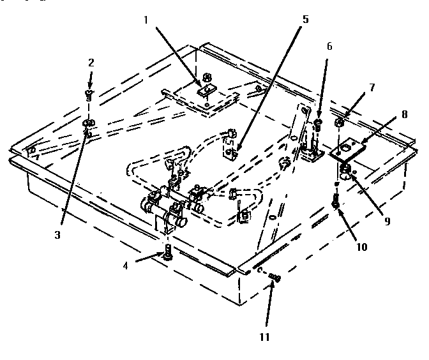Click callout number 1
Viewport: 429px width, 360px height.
pyautogui.click(x=146, y=21)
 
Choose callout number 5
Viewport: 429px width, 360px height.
pyautogui.click(x=305, y=19)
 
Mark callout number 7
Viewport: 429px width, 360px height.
pyautogui.click(x=372, y=86)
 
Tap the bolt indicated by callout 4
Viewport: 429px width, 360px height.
pyautogui.click(x=167, y=253)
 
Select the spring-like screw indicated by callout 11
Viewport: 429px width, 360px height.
pyautogui.click(x=276, y=276)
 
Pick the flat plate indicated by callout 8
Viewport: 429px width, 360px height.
pyautogui.click(x=349, y=151)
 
